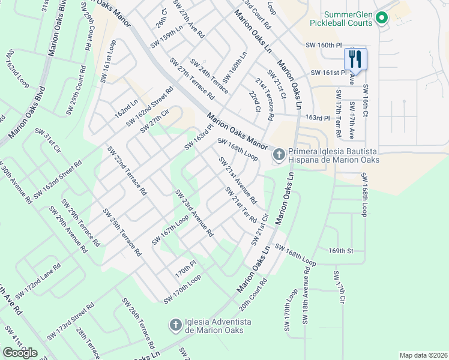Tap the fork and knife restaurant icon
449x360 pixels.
click(x=355, y=59)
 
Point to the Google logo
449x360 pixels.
click(x=20, y=353)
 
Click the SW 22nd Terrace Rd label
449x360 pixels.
click(x=127, y=171)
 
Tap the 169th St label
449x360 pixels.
click(x=355, y=250)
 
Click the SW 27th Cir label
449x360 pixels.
click(x=152, y=124)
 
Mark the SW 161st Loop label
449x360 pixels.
click(x=107, y=61)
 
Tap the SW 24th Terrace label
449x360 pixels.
click(x=209, y=76)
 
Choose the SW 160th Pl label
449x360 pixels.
click(x=323, y=45)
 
